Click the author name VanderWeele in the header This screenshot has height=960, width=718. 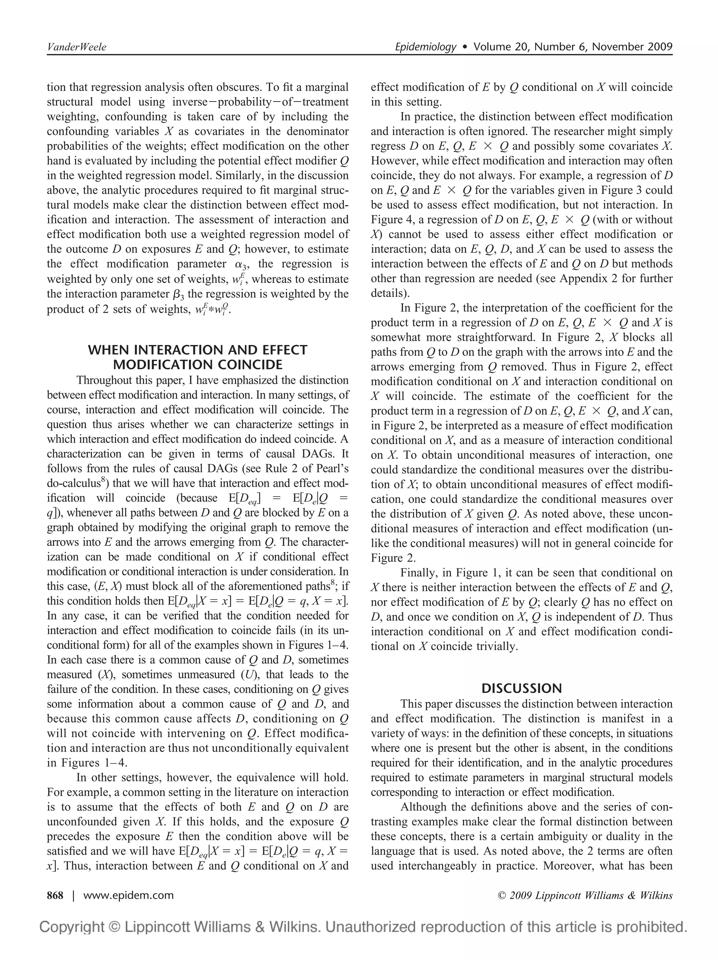[x=76, y=47]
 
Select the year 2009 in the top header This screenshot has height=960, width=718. [x=657, y=47]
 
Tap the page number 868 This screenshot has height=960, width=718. [x=55, y=895]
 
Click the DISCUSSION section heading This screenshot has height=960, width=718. [x=521, y=688]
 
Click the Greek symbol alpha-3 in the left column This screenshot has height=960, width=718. [x=235, y=264]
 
